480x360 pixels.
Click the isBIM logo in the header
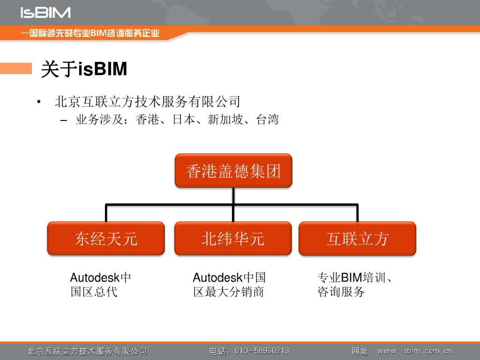pos(45,12)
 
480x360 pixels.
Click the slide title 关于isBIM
pos(84,69)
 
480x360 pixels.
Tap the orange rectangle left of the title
pos(15,68)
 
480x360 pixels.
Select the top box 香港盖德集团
pos(233,171)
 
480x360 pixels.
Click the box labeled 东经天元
pos(106,239)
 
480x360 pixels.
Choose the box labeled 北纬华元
pos(233,239)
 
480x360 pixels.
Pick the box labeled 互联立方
pos(357,239)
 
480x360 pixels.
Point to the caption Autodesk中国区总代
pos(100,285)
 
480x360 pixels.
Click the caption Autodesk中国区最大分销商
pos(229,285)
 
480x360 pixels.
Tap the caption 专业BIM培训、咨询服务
pos(354,285)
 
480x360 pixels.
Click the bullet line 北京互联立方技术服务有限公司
pos(147,101)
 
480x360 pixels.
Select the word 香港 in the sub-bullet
pos(147,120)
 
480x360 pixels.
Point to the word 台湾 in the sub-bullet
pos(268,120)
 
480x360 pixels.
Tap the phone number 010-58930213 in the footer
pos(262,351)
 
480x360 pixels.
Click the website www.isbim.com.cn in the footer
pos(414,351)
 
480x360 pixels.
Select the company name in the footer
pos(87,351)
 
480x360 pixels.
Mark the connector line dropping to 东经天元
pos(106,213)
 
